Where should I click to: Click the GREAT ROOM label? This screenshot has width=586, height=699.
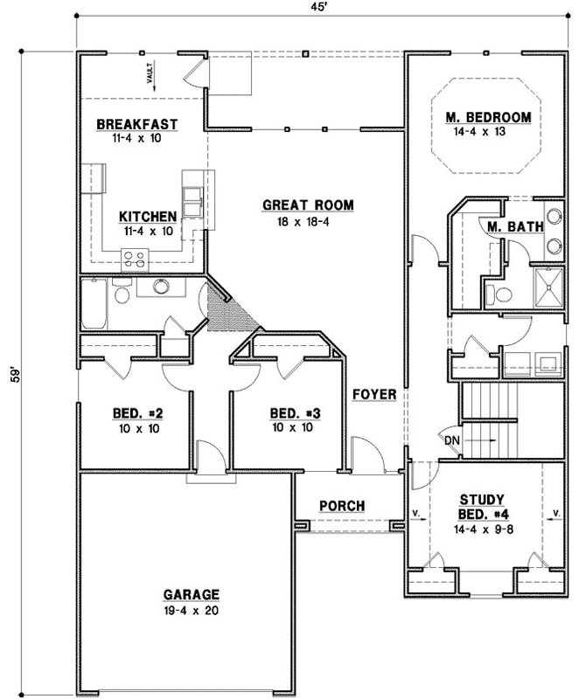pyautogui.click(x=308, y=205)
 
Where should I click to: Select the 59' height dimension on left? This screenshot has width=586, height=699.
pyautogui.click(x=12, y=377)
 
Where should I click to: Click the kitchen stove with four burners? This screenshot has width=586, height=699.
pyautogui.click(x=135, y=258)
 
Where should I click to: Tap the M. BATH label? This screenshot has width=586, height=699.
pyautogui.click(x=515, y=227)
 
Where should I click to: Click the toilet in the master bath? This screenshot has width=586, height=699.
pyautogui.click(x=496, y=294)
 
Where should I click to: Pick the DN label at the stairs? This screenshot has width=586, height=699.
pyautogui.click(x=452, y=439)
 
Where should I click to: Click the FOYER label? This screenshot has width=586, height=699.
pyautogui.click(x=374, y=394)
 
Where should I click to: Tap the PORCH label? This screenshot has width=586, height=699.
pyautogui.click(x=342, y=506)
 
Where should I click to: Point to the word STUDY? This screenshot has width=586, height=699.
pyautogui.click(x=480, y=501)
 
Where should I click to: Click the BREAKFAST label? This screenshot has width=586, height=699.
pyautogui.click(x=137, y=124)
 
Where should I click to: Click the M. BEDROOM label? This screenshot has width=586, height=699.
pyautogui.click(x=488, y=117)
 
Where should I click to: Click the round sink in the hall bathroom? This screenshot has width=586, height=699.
pyautogui.click(x=161, y=286)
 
